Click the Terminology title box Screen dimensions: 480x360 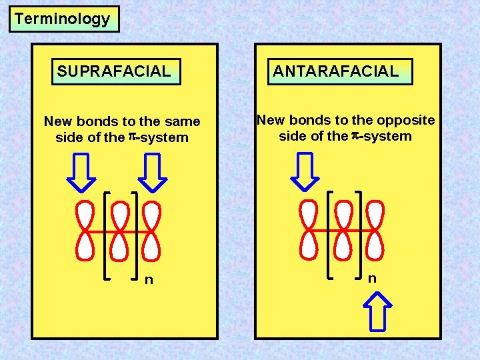[x=63, y=19]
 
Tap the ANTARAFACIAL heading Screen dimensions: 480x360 [x=340, y=71]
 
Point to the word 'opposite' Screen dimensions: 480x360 [x=405, y=120]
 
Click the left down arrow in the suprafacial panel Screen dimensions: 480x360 [x=83, y=171]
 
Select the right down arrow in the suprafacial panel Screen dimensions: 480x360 [x=153, y=171]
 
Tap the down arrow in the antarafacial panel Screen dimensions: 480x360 [x=306, y=171]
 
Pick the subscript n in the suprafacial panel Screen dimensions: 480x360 [x=149, y=280]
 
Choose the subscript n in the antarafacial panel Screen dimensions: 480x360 [x=372, y=278]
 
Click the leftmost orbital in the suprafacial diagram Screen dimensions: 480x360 [x=85, y=231]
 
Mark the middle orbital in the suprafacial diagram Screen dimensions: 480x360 [x=120, y=231]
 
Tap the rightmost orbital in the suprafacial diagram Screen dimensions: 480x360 [x=152, y=231]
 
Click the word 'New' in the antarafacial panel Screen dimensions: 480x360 [x=271, y=120]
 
